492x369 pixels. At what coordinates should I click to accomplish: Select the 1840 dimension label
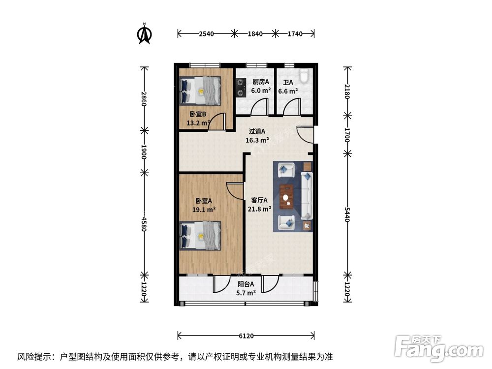pos(255,34)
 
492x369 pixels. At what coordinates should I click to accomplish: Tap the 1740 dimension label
pos(295,34)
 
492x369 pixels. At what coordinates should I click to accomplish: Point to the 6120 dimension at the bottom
pos(246,336)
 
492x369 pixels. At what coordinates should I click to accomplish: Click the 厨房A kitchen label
pos(261,82)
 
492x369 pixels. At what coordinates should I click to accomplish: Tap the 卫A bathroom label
pos(288,83)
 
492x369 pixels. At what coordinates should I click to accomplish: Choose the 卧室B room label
pos(195,114)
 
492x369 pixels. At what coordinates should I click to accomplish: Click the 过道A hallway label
pos(257,131)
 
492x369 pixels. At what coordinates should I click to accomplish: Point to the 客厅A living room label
pos(259,200)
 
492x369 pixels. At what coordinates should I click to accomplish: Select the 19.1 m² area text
pos(204,209)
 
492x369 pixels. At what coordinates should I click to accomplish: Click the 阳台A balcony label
pos(246,284)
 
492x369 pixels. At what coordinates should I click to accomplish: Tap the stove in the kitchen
pos(241,87)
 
